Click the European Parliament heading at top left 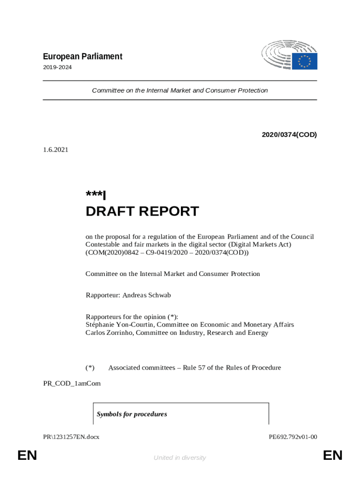82,57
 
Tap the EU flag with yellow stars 305,61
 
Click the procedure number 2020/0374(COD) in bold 289,135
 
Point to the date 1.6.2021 56,150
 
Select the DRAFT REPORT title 142,211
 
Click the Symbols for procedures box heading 131,414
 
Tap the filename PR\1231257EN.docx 71,437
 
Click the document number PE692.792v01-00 293,437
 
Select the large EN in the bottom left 27,455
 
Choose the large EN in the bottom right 332,455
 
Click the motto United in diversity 180,457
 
